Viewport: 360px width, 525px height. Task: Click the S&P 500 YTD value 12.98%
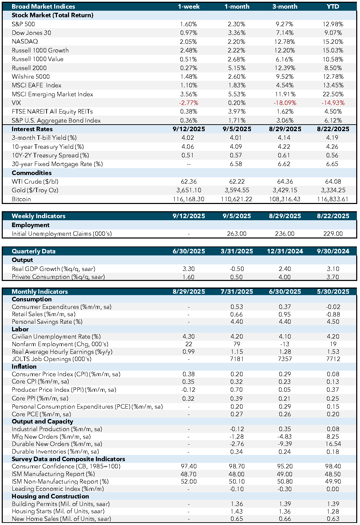click(333, 24)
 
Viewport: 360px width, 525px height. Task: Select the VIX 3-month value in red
click(285, 103)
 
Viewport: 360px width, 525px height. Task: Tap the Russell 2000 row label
click(29, 68)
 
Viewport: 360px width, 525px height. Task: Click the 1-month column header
click(237, 7)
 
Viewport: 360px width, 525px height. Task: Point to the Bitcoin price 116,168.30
click(188, 199)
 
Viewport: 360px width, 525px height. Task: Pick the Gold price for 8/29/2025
click(285, 190)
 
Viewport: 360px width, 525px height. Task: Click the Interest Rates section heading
click(32, 129)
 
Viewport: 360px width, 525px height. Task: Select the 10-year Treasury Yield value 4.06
click(188, 147)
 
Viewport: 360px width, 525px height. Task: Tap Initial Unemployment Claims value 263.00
click(237, 234)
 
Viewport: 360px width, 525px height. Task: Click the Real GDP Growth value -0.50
click(237, 269)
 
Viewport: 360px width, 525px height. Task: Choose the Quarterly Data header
click(33, 251)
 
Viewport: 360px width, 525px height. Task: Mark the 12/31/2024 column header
click(285, 251)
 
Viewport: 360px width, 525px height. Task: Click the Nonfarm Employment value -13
click(284, 344)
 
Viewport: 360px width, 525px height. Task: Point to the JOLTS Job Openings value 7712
click(333, 359)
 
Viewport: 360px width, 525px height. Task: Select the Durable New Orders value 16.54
click(333, 444)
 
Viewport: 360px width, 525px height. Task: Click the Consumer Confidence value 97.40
click(188, 466)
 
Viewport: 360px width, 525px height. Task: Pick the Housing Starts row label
click(58, 511)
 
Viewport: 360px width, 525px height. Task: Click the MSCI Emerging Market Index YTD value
click(333, 94)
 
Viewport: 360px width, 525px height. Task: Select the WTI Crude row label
click(35, 182)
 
